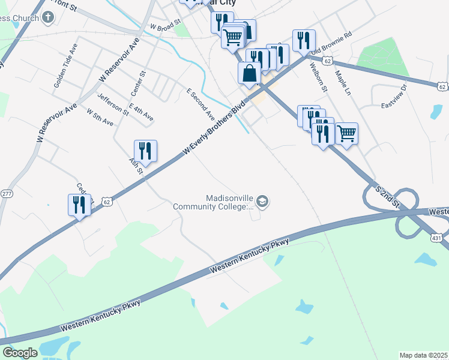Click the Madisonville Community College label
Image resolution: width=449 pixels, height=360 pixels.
(213, 202)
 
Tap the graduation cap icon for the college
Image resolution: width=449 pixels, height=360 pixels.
(262, 202)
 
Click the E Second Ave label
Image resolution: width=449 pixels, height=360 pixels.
(200, 103)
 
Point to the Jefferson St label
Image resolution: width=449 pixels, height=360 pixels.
(113, 104)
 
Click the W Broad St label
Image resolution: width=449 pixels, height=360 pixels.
(166, 26)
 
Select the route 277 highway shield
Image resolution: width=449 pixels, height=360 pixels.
(7, 194)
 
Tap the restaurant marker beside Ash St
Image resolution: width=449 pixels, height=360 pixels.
(145, 150)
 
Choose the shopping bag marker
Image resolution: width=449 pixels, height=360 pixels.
(250, 73)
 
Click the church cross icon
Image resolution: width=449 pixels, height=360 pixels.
(48, 17)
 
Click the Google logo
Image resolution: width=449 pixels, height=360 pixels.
(20, 353)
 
